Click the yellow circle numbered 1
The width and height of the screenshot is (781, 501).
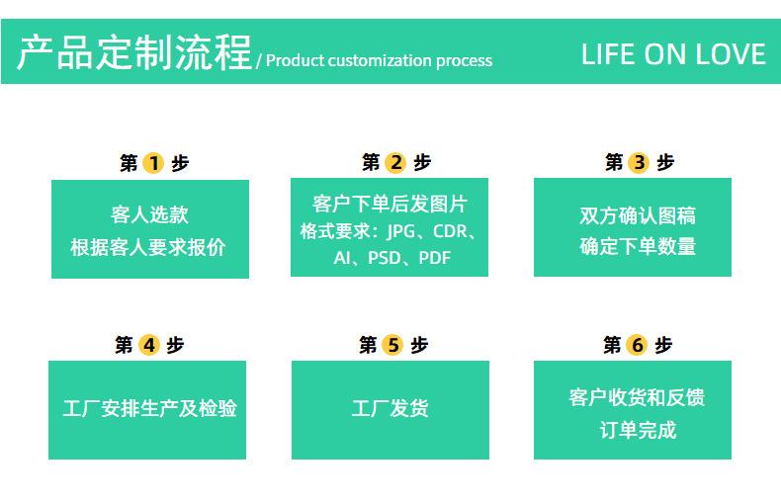(x=153, y=163)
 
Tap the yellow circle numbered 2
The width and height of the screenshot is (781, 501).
(x=395, y=162)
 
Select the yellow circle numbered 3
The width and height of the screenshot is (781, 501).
(x=639, y=162)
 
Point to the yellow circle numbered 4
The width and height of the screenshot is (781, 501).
(x=149, y=345)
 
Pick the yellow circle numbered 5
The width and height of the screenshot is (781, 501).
(x=392, y=345)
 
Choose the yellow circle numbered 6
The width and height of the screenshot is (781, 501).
(x=637, y=345)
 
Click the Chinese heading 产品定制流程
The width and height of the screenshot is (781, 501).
(x=134, y=52)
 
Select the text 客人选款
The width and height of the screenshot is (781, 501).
(x=149, y=214)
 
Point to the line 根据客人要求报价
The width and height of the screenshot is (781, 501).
(x=148, y=247)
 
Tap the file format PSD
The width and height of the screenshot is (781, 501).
(x=384, y=258)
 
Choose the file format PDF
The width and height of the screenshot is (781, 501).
(x=434, y=258)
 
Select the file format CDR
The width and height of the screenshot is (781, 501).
(x=450, y=231)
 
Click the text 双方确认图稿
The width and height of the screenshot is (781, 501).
(x=638, y=215)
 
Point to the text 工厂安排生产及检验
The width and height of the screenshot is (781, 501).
(x=149, y=408)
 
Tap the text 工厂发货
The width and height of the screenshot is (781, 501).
(x=390, y=408)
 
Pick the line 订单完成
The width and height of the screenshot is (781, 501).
(x=638, y=430)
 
